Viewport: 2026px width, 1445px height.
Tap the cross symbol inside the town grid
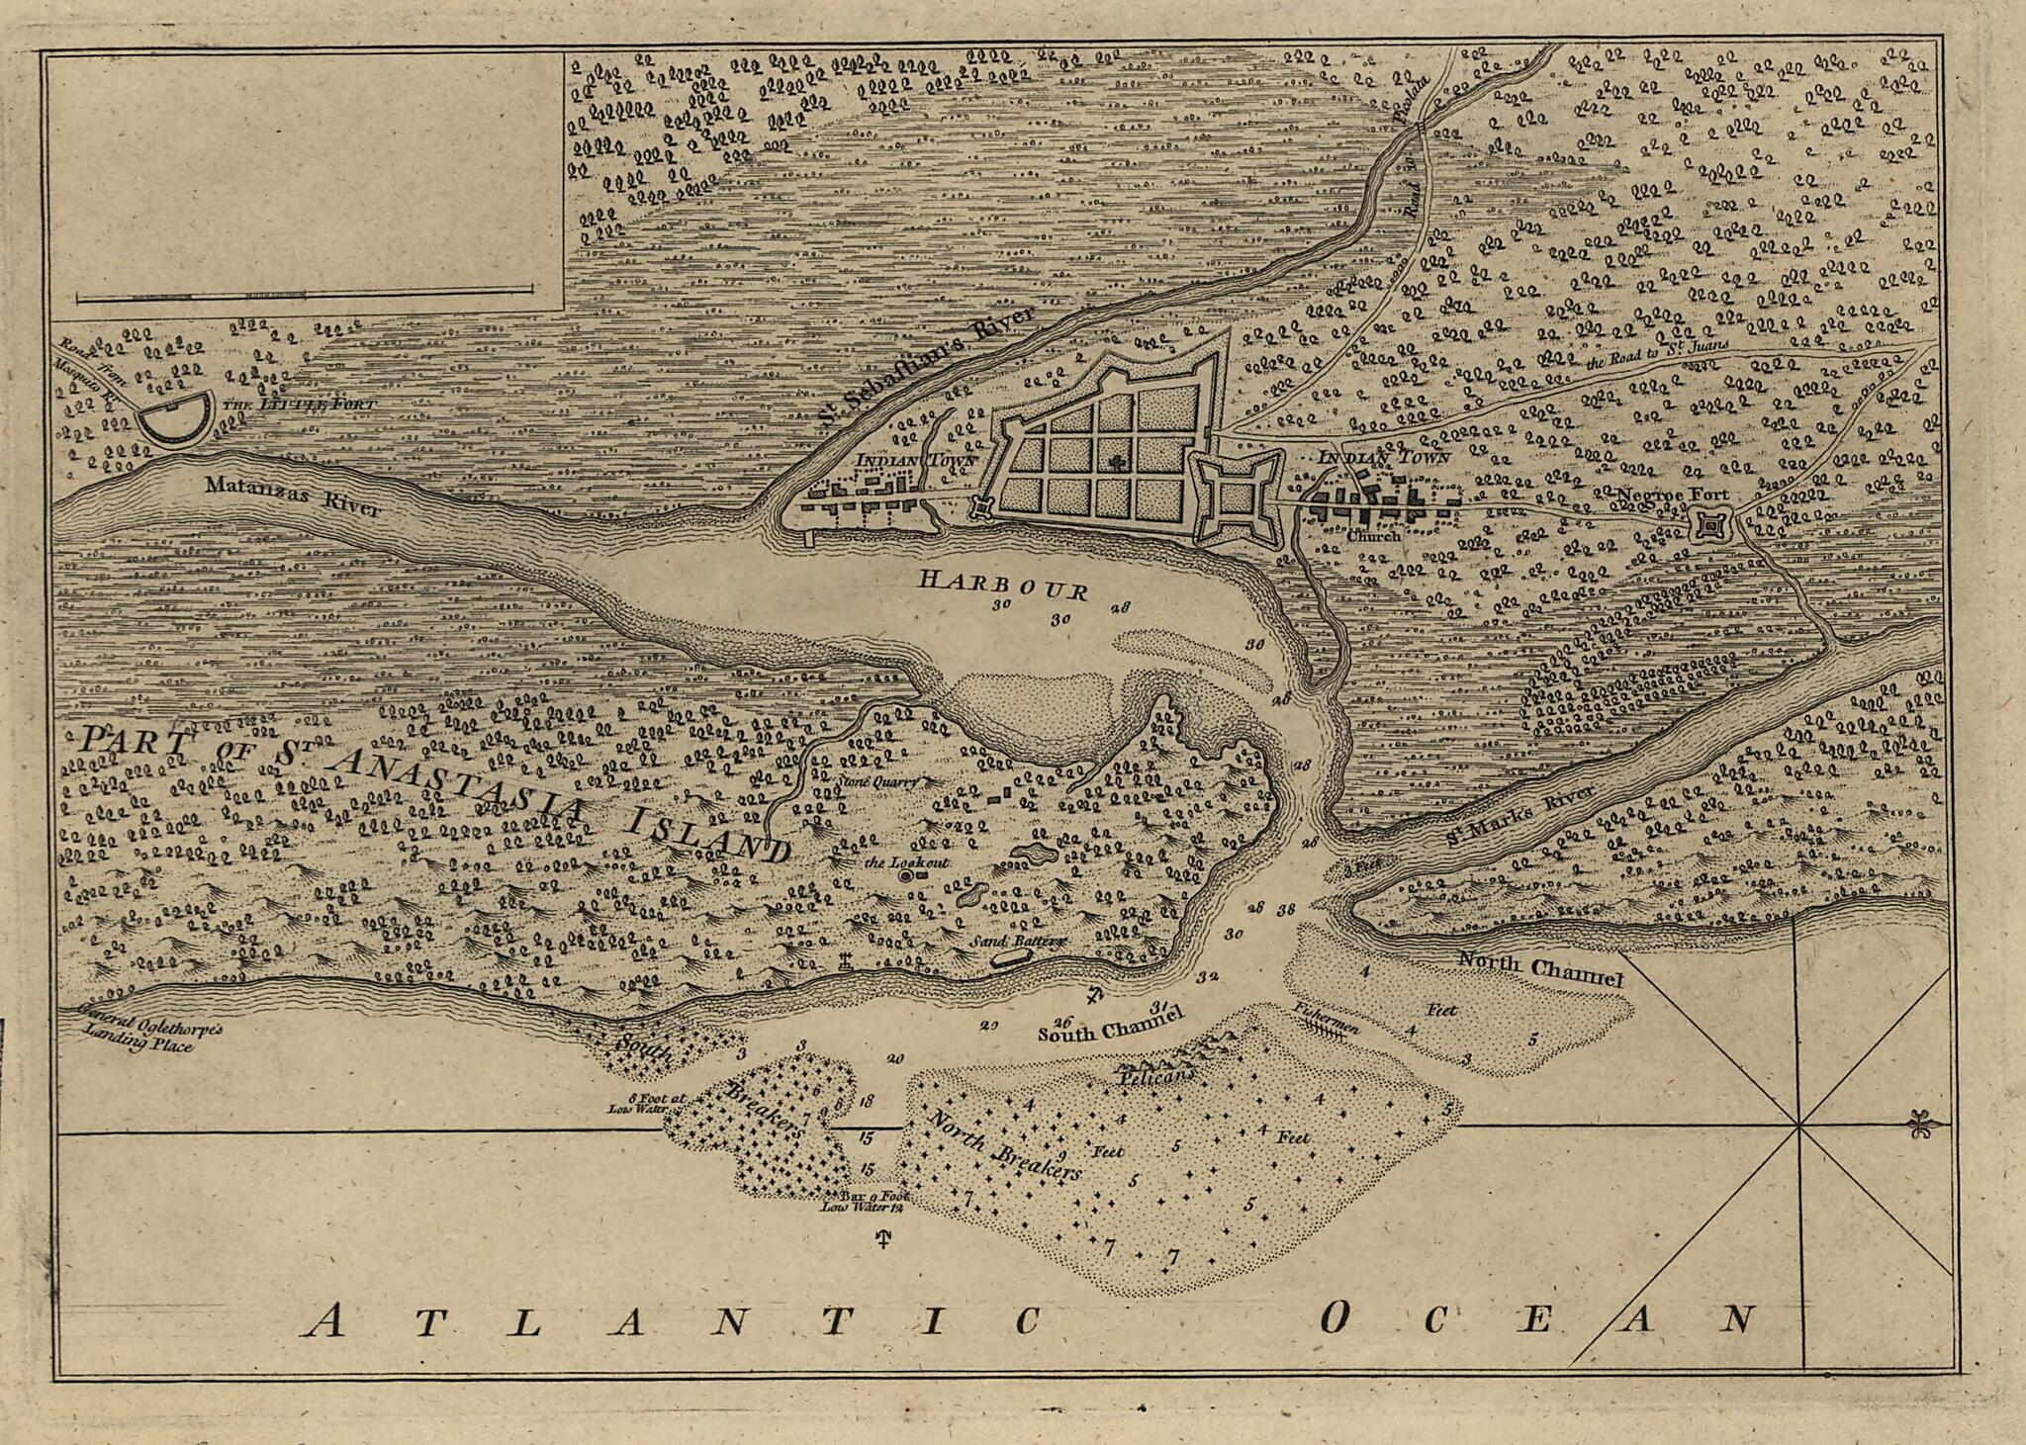(x=1116, y=462)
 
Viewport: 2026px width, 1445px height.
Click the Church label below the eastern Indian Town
(x=1373, y=535)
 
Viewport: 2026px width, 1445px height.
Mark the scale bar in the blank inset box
(x=304, y=294)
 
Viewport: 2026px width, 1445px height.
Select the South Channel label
(x=1109, y=1026)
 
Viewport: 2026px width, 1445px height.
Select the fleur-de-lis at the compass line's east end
(x=1922, y=1126)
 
